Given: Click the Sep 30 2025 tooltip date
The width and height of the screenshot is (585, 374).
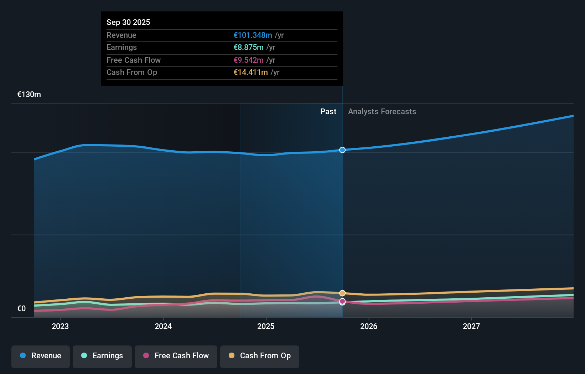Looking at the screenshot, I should [128, 22].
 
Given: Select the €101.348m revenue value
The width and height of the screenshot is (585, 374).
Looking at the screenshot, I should [253, 35].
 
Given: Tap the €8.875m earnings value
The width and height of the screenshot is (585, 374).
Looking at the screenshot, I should [248, 47].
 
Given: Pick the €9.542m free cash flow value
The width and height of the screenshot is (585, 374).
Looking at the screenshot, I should [248, 60].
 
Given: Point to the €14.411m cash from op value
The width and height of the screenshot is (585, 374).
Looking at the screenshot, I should [250, 72].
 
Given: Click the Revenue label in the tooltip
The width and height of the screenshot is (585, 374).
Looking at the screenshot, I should [121, 35].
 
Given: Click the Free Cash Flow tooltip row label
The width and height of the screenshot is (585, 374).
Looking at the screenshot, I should [133, 60].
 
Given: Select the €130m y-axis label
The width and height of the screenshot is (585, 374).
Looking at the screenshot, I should [29, 95].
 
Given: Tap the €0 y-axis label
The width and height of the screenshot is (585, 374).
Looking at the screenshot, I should [21, 309].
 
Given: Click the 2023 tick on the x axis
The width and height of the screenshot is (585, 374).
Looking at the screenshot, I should [60, 326].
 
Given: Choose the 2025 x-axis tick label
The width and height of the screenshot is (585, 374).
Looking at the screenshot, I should [266, 326].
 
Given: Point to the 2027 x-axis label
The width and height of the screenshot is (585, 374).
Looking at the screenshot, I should [471, 326].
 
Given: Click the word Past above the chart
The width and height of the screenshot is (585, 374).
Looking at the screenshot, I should [328, 112].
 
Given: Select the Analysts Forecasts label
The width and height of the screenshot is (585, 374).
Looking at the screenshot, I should [382, 112].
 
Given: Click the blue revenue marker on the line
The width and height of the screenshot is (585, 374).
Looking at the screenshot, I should [342, 150].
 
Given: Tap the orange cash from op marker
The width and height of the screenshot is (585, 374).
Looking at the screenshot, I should [342, 293].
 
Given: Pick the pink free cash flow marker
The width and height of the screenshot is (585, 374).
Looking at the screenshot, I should [342, 302].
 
